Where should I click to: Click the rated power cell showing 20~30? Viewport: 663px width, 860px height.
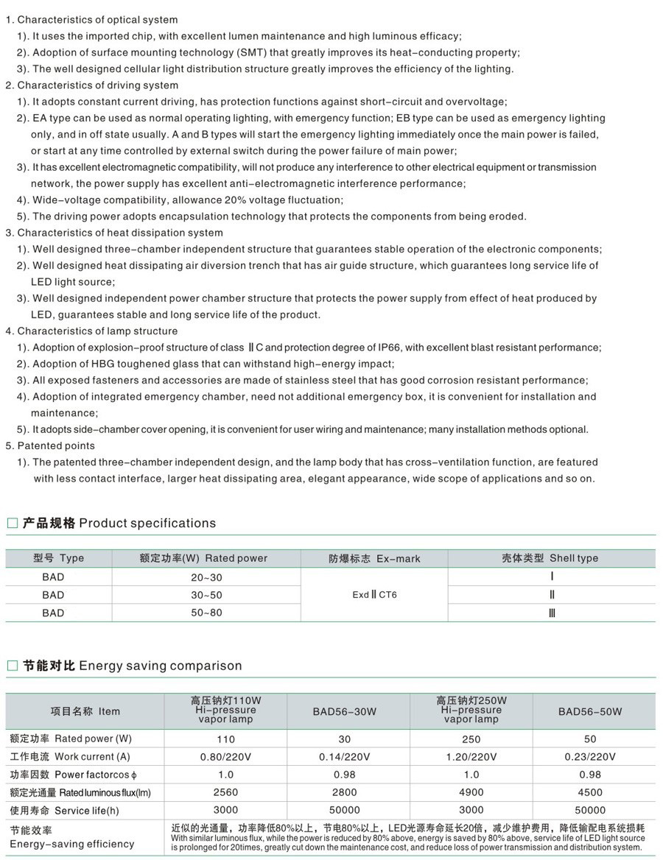click(x=206, y=577)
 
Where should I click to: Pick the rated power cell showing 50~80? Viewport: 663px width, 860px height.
click(x=206, y=613)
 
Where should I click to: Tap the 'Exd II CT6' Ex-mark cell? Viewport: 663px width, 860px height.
click(x=374, y=595)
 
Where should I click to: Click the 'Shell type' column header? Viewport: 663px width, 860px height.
click(x=545, y=558)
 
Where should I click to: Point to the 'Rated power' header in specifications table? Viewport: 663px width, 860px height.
click(x=203, y=558)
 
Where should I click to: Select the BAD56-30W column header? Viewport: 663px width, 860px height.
click(x=344, y=711)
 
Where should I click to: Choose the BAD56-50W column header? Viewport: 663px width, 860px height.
click(x=590, y=711)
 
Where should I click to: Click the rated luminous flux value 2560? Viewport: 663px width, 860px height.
click(x=225, y=792)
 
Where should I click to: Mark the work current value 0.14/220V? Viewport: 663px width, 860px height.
click(x=344, y=756)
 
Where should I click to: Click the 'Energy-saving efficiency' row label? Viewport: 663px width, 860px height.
click(x=71, y=844)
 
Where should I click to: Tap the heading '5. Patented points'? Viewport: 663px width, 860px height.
click(x=50, y=445)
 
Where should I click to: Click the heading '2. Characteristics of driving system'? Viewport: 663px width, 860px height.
click(x=92, y=85)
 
